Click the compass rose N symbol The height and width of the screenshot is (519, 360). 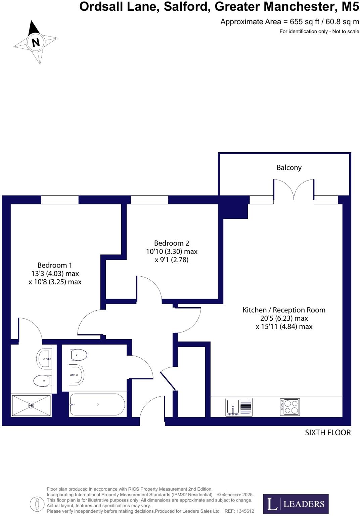[x=35, y=42]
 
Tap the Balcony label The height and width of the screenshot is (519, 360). [x=289, y=167]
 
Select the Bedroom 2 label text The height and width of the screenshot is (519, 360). [x=171, y=243]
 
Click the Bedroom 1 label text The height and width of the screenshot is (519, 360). [x=55, y=265]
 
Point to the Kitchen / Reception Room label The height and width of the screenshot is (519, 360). [x=284, y=310]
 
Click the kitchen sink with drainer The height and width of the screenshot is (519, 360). [x=239, y=407]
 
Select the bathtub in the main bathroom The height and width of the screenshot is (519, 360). [x=97, y=405]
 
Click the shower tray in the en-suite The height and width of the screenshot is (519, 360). [x=31, y=405]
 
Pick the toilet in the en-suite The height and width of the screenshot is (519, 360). [x=42, y=381]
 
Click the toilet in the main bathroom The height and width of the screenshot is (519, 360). [x=79, y=355]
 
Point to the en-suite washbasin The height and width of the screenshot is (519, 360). [x=45, y=359]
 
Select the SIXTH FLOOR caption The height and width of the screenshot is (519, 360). [x=327, y=433]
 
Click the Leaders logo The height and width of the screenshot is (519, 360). [x=296, y=504]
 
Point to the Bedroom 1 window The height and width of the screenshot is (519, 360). [x=60, y=200]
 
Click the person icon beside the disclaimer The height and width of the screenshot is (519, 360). [x=37, y=504]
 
